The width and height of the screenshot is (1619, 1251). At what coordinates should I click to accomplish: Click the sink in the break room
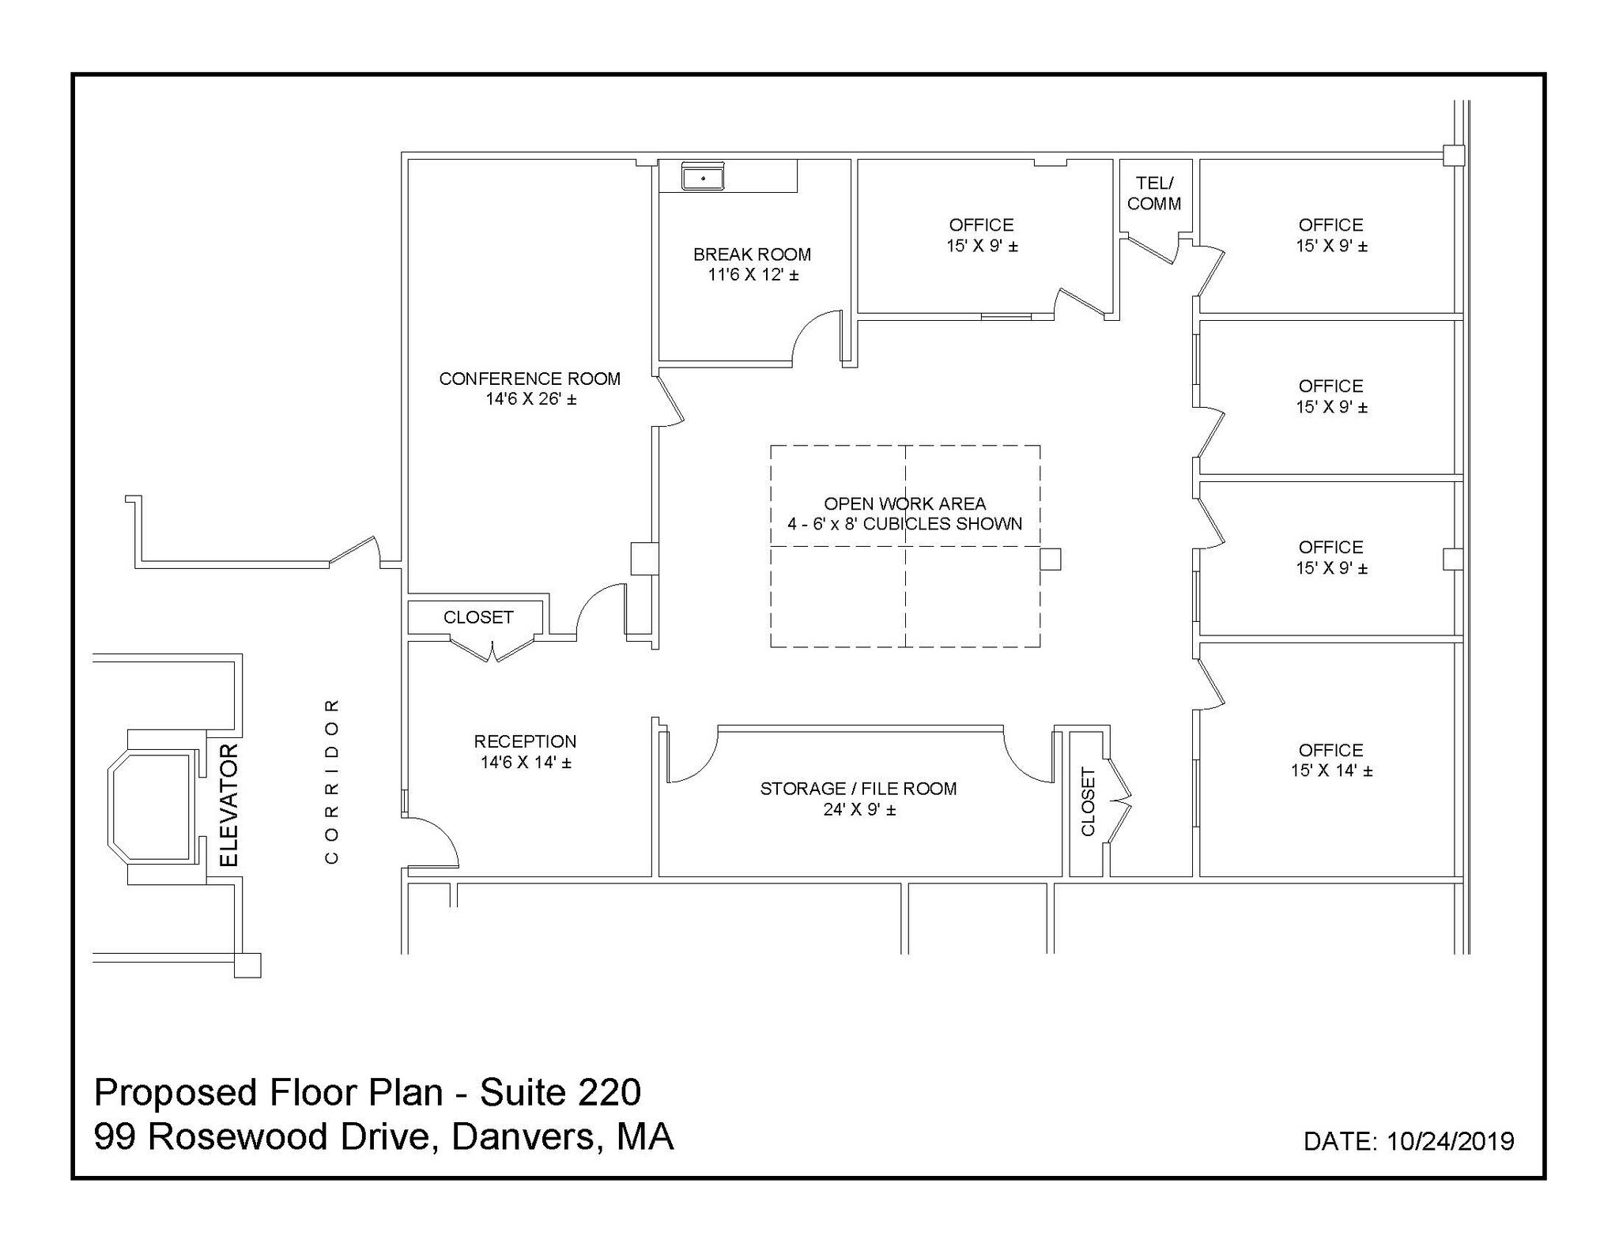coord(703,178)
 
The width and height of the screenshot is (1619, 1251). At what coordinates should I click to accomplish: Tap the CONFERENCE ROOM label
coord(530,379)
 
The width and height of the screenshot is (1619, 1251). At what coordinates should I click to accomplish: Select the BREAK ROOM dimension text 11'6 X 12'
coord(753,275)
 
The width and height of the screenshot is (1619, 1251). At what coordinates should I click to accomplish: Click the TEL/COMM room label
coord(1154,194)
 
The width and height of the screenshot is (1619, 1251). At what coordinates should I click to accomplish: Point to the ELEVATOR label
coord(228,804)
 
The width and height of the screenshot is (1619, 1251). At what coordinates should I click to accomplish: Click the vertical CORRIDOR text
coord(332,780)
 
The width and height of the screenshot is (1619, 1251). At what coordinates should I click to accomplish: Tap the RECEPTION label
coord(525,741)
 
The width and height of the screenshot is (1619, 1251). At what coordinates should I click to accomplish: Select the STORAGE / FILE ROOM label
coord(859,789)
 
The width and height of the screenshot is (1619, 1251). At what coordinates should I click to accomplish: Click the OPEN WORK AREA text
coord(904,503)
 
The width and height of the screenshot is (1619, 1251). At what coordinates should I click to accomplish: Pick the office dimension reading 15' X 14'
coord(1331,771)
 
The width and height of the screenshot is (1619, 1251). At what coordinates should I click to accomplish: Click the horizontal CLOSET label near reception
coord(478,617)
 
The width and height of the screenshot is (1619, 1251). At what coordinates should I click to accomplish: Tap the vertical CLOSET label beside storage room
coord(1088,801)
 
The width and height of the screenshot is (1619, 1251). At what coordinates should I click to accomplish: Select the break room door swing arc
coord(814,336)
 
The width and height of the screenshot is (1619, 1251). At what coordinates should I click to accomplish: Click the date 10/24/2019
coord(1450,1141)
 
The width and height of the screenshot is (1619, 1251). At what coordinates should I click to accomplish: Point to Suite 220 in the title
coord(560,1092)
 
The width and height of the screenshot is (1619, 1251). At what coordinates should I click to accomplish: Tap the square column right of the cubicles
coord(1050,559)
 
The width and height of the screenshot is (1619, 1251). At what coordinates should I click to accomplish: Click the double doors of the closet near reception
coord(492,650)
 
